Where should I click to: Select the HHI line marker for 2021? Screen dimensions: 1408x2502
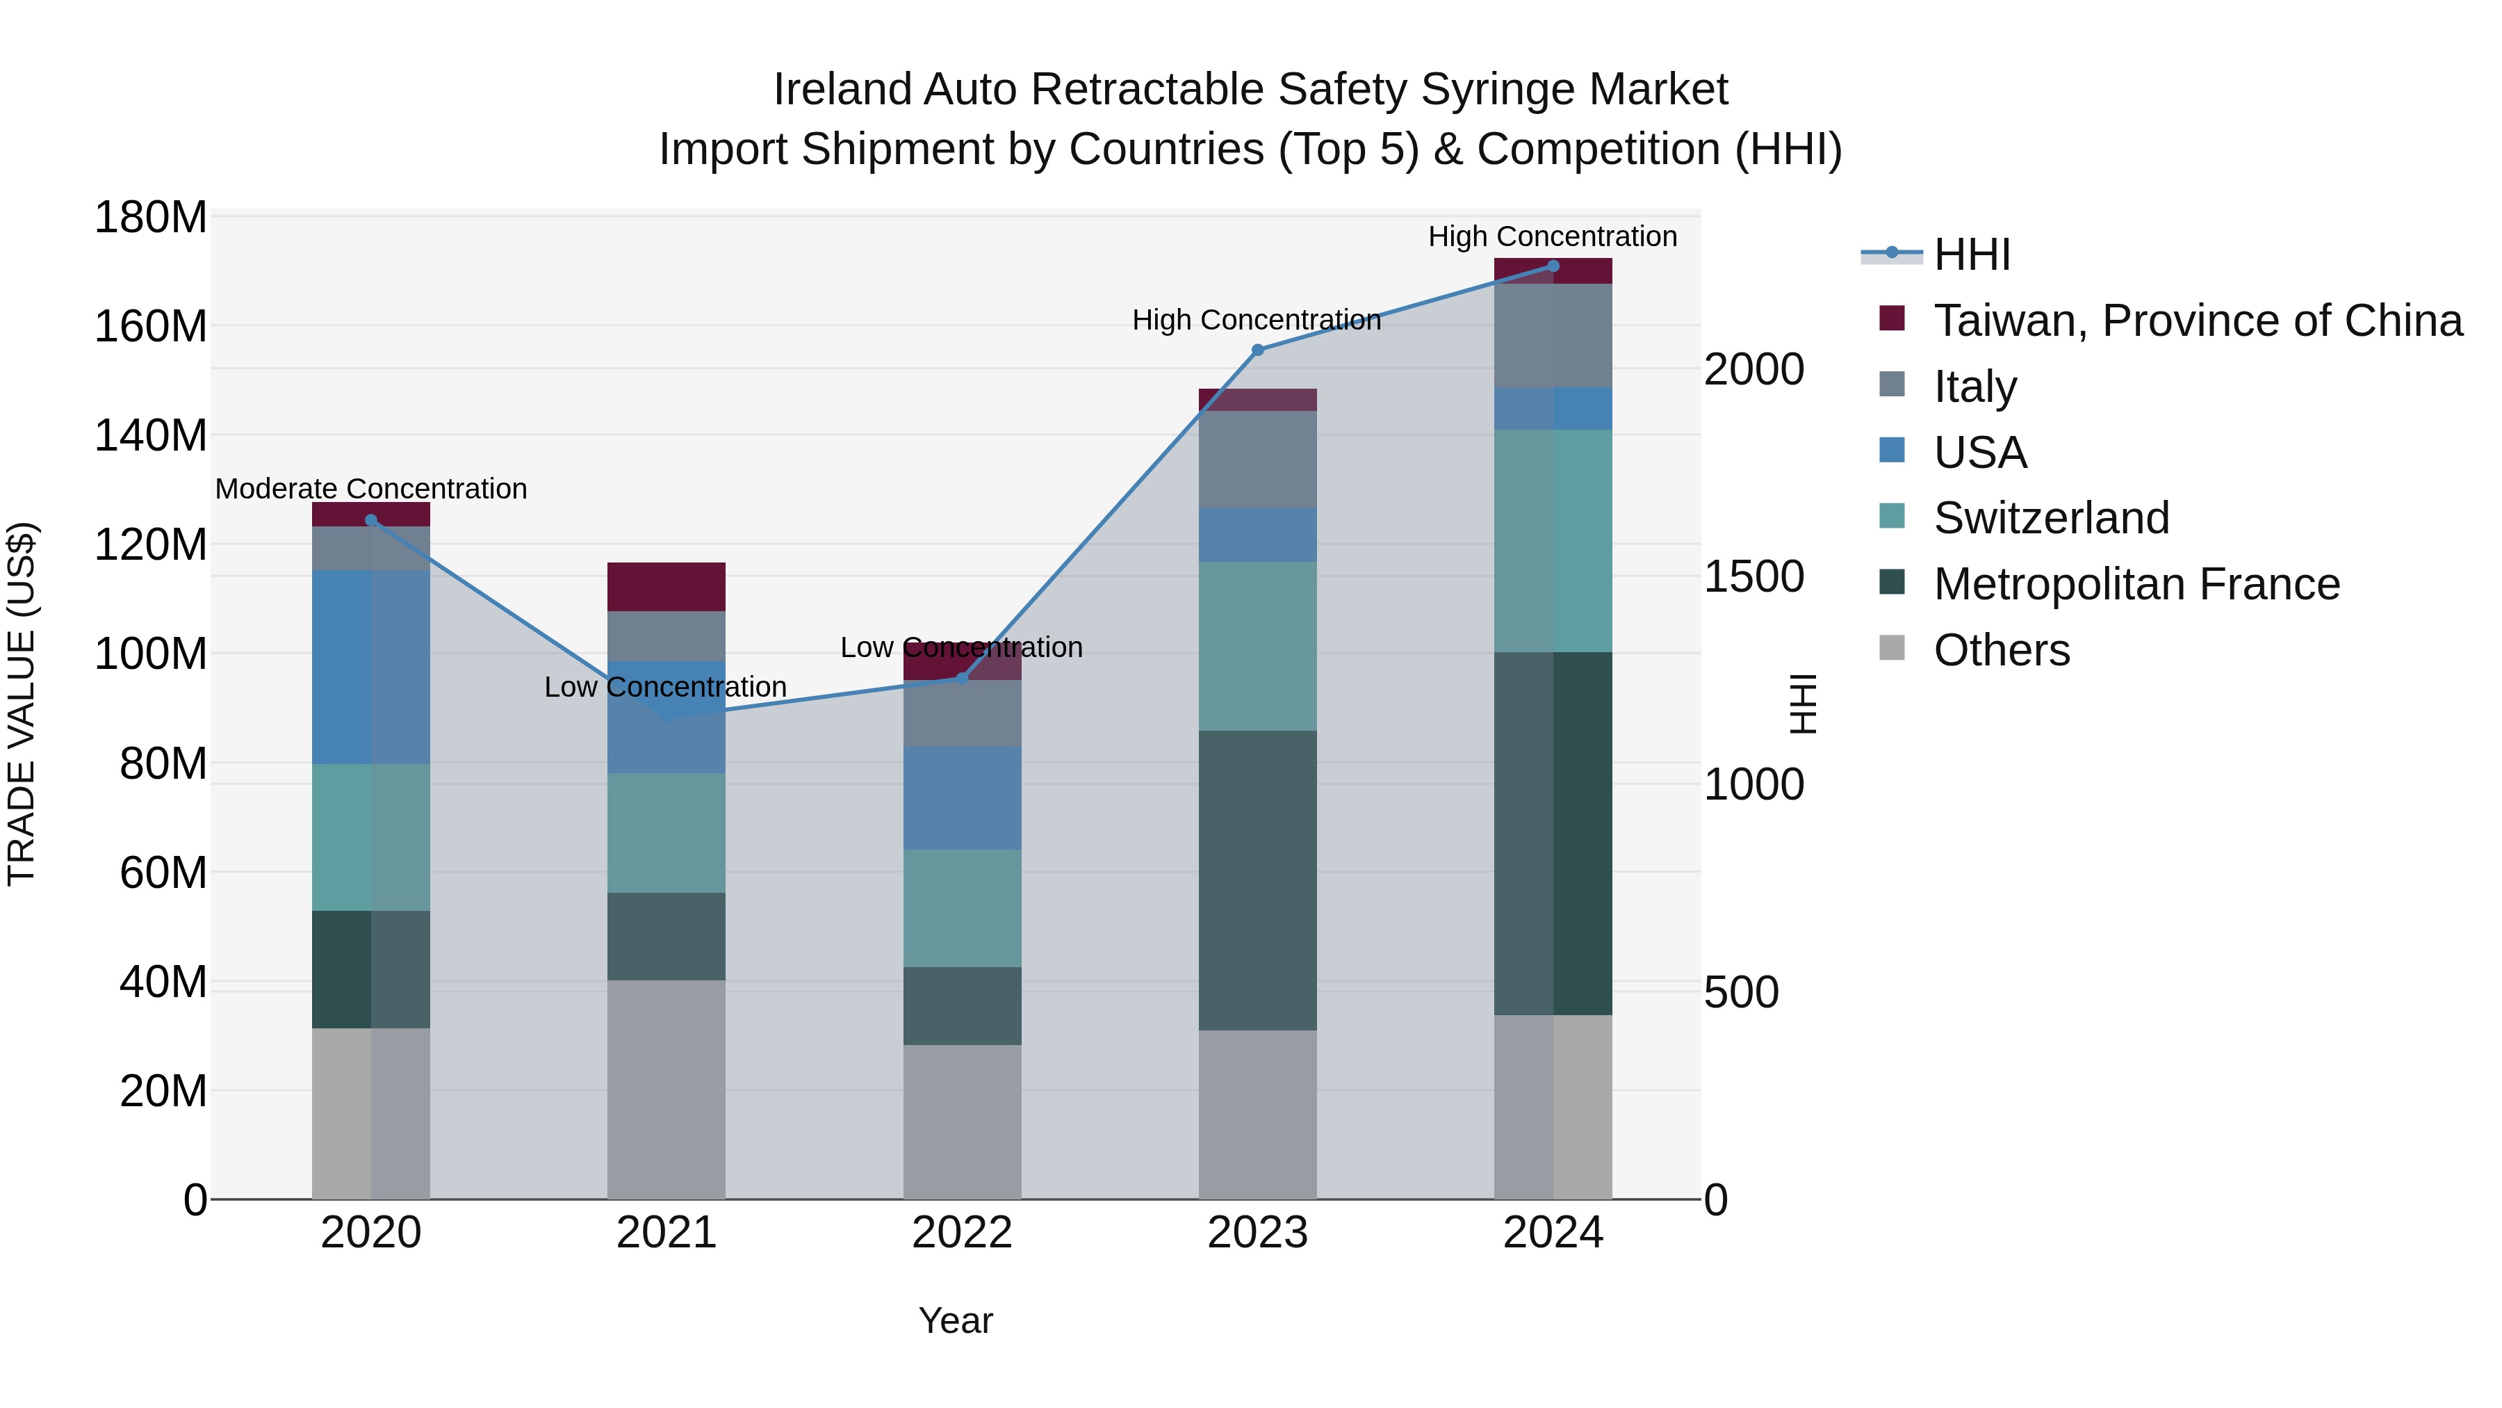point(667,717)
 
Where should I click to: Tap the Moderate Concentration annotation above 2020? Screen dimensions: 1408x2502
point(371,489)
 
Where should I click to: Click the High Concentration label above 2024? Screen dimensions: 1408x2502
point(1552,236)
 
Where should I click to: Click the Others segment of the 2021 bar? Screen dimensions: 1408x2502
point(667,1088)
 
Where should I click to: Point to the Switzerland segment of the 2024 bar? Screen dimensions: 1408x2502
point(1552,540)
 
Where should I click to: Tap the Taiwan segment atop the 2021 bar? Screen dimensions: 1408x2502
point(667,586)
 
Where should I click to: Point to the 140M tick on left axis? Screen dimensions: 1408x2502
point(151,435)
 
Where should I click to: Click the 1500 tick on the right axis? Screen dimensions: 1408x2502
point(1753,576)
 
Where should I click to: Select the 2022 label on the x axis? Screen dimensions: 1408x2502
point(962,1233)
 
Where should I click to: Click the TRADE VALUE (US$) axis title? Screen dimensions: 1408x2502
point(22,704)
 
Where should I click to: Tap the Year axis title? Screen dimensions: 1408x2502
point(956,1320)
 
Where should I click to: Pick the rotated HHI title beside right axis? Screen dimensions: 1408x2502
point(1803,704)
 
